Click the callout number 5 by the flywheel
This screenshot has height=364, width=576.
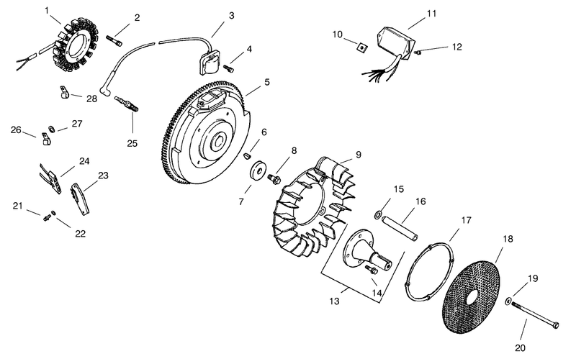[266, 82]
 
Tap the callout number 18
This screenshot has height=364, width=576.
[508, 240]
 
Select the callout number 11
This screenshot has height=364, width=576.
[431, 14]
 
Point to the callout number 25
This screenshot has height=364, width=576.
[132, 143]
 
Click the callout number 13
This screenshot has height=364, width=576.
[334, 301]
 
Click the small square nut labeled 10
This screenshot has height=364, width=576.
[362, 47]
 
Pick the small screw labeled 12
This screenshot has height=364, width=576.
[418, 53]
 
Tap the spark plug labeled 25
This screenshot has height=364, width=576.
[127, 104]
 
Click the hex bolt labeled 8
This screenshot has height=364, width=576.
[274, 178]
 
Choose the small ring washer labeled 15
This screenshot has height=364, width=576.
[377, 214]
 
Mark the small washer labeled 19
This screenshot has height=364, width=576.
[508, 301]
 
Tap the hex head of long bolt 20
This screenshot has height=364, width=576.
[555, 325]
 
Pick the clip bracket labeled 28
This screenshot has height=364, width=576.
[65, 92]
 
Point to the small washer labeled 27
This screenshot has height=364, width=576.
[52, 129]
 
